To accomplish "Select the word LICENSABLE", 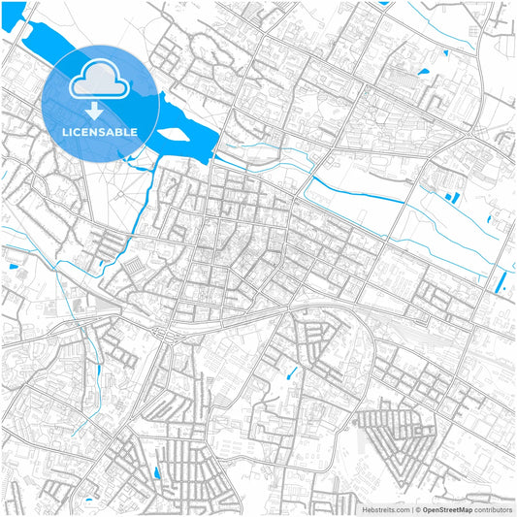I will click(101, 132).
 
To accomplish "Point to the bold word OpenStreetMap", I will click(452, 509).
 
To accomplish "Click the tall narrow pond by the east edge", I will click(501, 282).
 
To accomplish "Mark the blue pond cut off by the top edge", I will click(385, 3).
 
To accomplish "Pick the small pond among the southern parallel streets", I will click(155, 472).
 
